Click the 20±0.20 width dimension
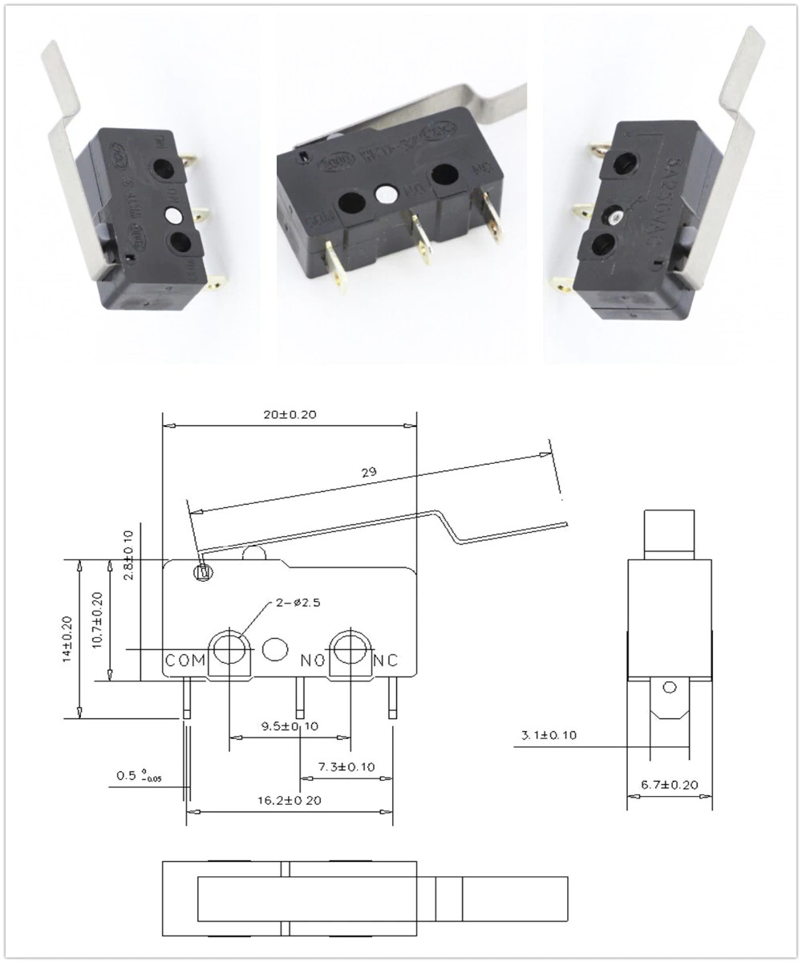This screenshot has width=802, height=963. [290, 415]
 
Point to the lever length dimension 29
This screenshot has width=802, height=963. [369, 472]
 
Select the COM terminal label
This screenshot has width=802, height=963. [185, 660]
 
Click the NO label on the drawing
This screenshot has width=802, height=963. [313, 660]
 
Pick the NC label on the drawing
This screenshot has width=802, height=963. [386, 660]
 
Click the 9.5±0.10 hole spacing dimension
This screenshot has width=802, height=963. [290, 726]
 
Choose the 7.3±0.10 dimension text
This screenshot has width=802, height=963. [346, 767]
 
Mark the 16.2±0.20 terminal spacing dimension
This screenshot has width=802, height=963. [290, 800]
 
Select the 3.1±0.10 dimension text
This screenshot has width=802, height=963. [549, 734]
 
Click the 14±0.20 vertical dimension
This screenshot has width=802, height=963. [67, 638]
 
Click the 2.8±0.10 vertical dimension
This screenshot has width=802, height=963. [128, 548]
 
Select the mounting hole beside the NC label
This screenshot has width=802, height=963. [350, 648]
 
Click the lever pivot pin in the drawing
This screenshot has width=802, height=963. [202, 573]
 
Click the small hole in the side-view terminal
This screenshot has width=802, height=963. [670, 687]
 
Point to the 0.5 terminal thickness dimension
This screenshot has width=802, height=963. [137, 776]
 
